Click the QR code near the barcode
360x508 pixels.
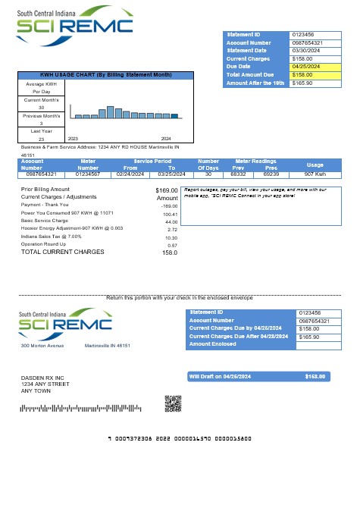[173, 403]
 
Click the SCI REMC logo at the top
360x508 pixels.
[76, 25]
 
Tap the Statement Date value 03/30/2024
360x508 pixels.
[310, 50]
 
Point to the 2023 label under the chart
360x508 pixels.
[74, 139]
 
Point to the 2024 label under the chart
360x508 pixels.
[166, 139]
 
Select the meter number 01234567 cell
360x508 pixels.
[88, 174]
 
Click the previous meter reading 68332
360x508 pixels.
[238, 174]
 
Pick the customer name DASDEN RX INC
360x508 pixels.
[42, 378]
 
